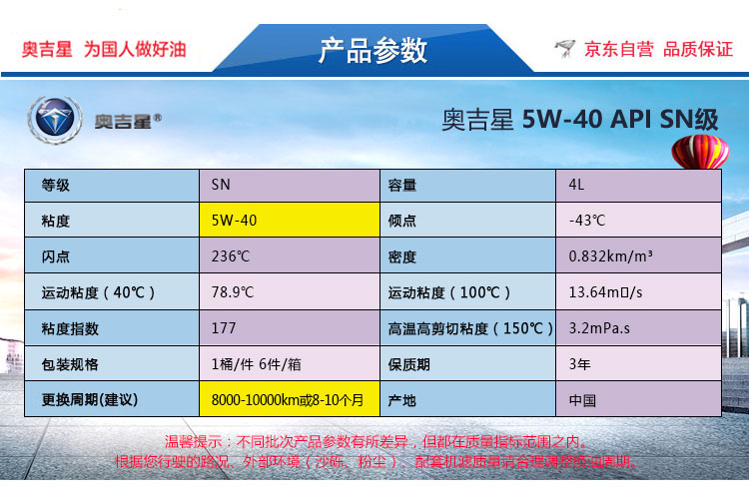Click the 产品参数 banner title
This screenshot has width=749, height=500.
373,50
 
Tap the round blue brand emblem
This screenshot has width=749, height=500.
55,120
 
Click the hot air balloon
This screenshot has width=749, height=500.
700,152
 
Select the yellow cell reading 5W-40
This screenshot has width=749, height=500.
289,221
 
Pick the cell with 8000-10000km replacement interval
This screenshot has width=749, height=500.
289,399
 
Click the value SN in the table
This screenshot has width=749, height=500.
221,185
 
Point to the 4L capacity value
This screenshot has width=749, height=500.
576,185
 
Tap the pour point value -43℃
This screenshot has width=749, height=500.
586,221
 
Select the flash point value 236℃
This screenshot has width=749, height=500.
231,256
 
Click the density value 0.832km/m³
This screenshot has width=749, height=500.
610,256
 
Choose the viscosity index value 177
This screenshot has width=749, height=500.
224,328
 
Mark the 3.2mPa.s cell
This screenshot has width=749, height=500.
599,328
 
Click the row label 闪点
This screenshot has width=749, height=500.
55,256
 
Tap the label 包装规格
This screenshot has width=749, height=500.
70,364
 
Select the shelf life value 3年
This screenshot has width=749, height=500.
579,364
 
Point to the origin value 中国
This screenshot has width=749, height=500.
582,400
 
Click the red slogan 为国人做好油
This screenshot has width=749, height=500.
135,49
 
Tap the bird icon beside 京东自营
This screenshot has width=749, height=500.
565,49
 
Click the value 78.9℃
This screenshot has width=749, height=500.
233,292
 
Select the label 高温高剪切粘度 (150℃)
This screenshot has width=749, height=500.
470,328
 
